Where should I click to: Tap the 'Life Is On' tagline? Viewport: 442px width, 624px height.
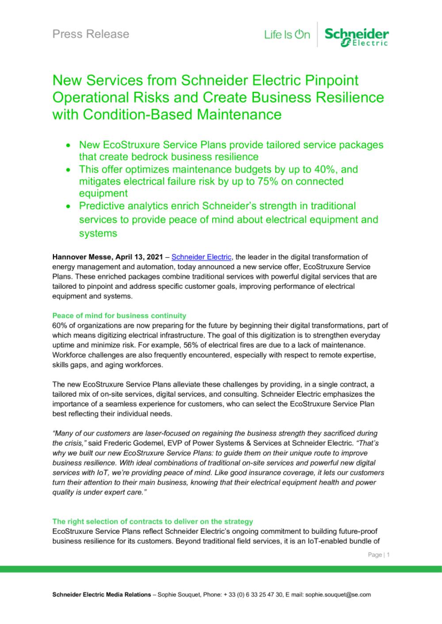pyautogui.click(x=287, y=34)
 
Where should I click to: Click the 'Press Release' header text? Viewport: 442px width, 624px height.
pyautogui.click(x=91, y=34)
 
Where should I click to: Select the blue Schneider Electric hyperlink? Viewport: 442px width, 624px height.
pyautogui.click(x=201, y=257)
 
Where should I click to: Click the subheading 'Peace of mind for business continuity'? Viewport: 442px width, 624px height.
pyautogui.click(x=119, y=316)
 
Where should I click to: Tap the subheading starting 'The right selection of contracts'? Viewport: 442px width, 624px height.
pyautogui.click(x=152, y=522)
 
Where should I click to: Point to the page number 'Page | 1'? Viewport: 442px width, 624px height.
pyautogui.click(x=379, y=555)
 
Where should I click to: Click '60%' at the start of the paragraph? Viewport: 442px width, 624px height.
pyautogui.click(x=59, y=325)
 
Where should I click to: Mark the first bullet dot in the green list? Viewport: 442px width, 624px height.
pyautogui.click(x=68, y=145)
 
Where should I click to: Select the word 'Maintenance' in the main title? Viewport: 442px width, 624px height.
pyautogui.click(x=238, y=114)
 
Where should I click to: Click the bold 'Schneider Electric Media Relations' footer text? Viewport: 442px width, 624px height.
pyautogui.click(x=101, y=595)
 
